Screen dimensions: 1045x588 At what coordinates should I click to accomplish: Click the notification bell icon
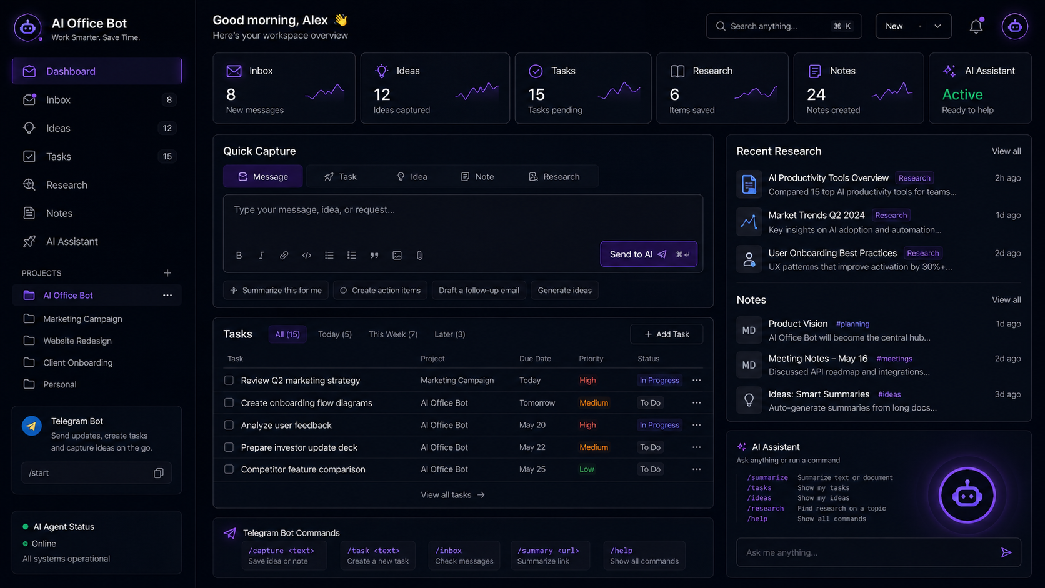pyautogui.click(x=976, y=26)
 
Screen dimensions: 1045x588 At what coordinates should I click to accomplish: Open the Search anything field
pyautogui.click(x=784, y=26)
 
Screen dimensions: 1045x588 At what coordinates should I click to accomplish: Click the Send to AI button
pyautogui.click(x=649, y=254)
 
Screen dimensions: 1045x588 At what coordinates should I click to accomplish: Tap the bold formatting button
pyautogui.click(x=239, y=256)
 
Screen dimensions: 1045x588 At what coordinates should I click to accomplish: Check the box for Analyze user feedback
pyautogui.click(x=229, y=425)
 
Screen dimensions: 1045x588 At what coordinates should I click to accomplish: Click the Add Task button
pyautogui.click(x=666, y=334)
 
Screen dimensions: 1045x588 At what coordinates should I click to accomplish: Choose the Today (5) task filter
pyautogui.click(x=334, y=334)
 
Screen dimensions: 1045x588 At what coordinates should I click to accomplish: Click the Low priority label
pyautogui.click(x=586, y=469)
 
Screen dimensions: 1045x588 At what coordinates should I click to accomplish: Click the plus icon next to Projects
pyautogui.click(x=167, y=273)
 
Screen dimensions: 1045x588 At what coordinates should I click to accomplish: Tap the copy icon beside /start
pyautogui.click(x=159, y=473)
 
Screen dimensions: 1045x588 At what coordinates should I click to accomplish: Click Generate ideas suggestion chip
pyautogui.click(x=564, y=290)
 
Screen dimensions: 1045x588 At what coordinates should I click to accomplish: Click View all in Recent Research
pyautogui.click(x=1006, y=151)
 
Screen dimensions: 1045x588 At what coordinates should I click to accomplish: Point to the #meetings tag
pyautogui.click(x=894, y=359)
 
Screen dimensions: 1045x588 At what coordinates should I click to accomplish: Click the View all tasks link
pyautogui.click(x=452, y=495)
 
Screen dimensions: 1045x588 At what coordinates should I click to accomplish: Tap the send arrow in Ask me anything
pyautogui.click(x=1006, y=552)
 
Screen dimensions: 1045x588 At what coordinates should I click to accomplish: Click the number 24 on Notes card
pyautogui.click(x=816, y=94)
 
